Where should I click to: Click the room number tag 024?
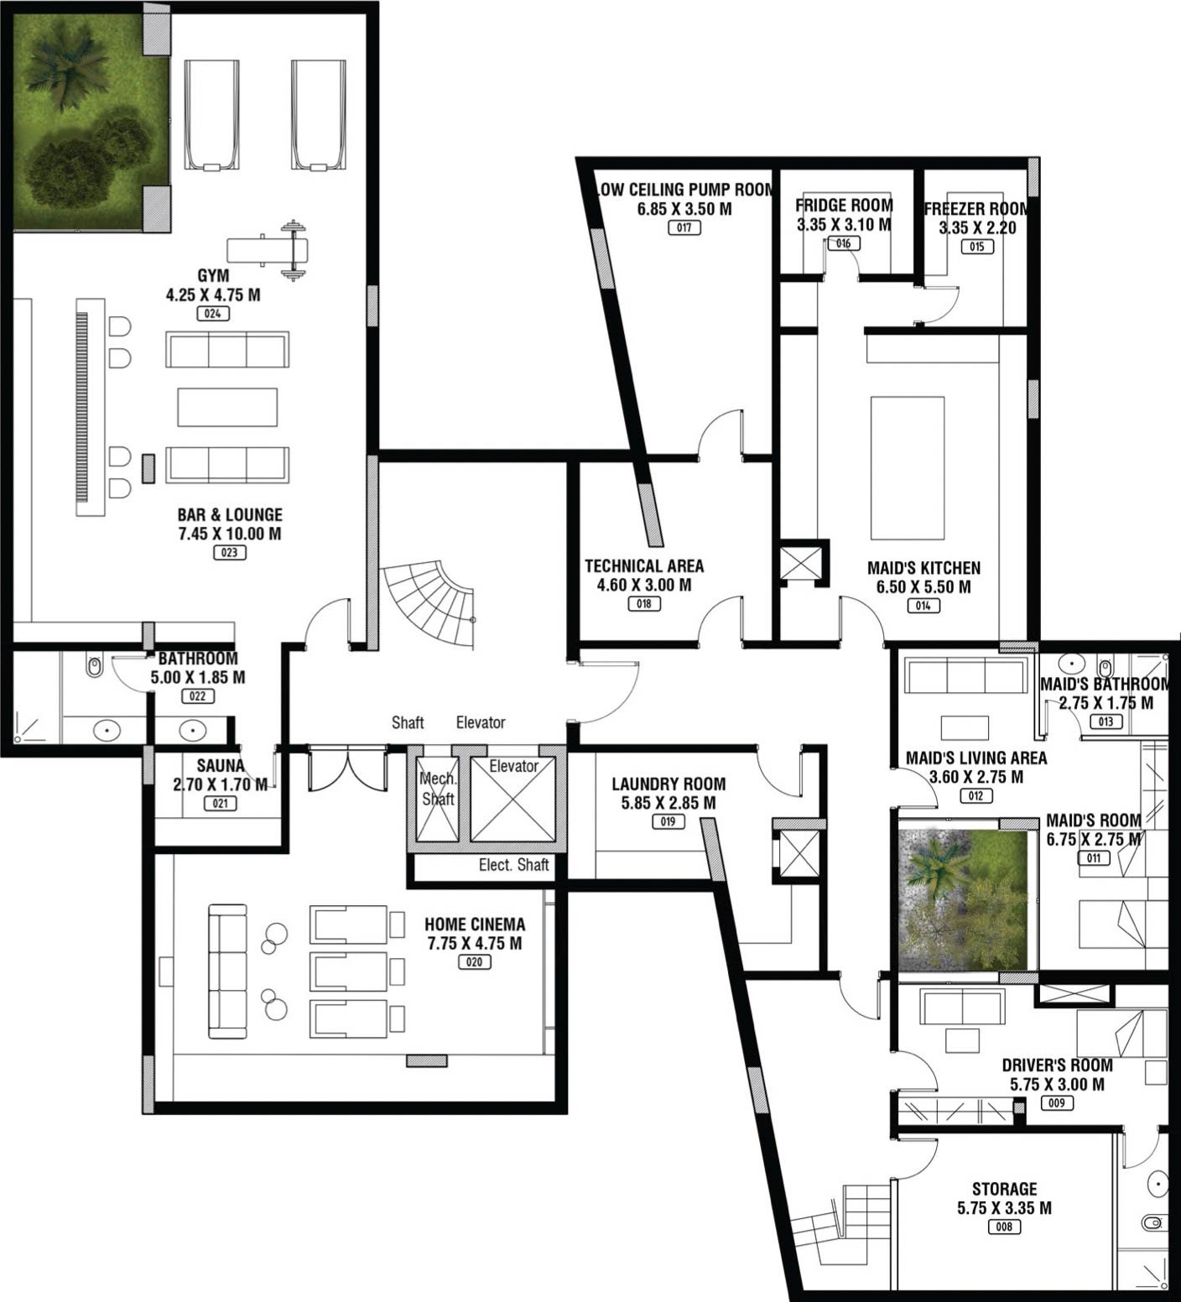(x=212, y=314)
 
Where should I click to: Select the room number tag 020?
(x=474, y=962)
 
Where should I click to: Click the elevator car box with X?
(x=513, y=799)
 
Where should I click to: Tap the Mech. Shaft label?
(x=438, y=789)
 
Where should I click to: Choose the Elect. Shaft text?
(x=513, y=865)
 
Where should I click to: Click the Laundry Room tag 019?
(x=668, y=821)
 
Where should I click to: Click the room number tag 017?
(x=684, y=227)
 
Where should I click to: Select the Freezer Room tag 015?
(x=977, y=247)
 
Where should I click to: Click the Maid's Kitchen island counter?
(x=908, y=468)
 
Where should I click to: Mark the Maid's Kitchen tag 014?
(x=923, y=606)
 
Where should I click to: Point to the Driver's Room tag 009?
(x=1057, y=1103)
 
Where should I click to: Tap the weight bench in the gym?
(x=268, y=249)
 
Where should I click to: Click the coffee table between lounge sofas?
(x=227, y=407)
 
